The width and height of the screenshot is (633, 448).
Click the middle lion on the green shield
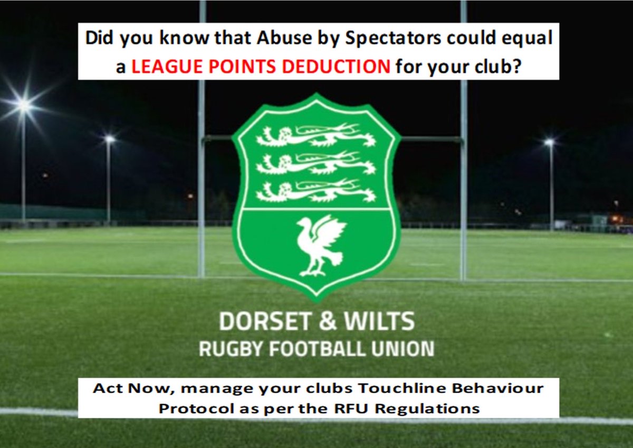coord(316,164)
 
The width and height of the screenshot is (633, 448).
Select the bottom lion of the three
coord(316,191)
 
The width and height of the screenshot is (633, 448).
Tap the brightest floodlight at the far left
coord(23,105)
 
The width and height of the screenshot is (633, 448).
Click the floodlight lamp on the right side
coord(550,142)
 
